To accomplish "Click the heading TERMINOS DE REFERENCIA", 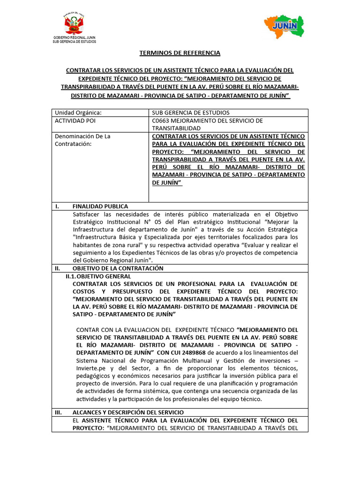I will (180, 53).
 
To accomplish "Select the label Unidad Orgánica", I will (78, 112).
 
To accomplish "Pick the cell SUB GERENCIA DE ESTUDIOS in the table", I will (191, 112).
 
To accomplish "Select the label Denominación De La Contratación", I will (82, 140).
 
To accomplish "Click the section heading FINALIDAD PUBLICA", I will (100, 206).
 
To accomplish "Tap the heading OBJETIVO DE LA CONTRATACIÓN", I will (118, 268).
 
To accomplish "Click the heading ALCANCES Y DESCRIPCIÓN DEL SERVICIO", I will (124, 412).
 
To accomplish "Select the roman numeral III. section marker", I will (59, 412).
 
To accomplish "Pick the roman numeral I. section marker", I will (57, 206).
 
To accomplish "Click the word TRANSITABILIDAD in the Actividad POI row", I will (176, 128).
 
